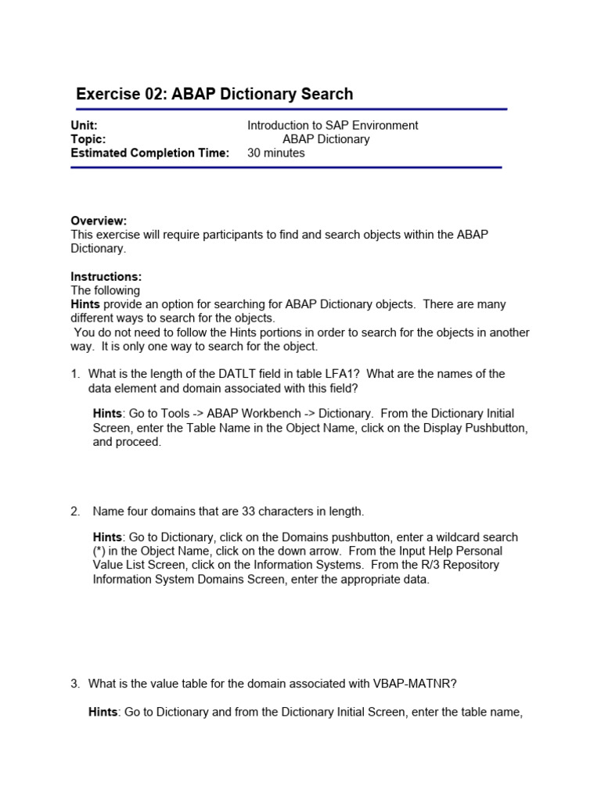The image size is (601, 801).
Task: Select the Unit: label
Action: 84,125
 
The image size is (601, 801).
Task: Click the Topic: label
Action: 88,139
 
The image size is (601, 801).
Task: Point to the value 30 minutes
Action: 276,153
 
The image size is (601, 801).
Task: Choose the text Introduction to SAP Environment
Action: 333,125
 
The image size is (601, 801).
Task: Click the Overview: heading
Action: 99,221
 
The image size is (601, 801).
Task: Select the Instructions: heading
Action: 106,277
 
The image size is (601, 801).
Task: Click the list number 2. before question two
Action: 76,512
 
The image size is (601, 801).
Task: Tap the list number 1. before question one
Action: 76,374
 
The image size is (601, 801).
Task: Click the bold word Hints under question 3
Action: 105,712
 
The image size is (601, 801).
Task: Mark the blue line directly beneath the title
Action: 289,110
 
